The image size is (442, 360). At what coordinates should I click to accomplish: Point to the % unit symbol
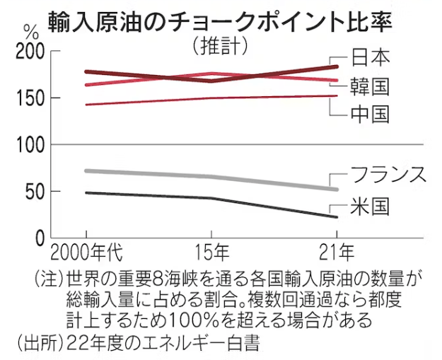tap(30, 32)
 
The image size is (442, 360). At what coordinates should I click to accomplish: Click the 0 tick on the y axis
tap(40, 238)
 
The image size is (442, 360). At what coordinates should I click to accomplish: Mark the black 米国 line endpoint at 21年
tap(336, 216)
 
